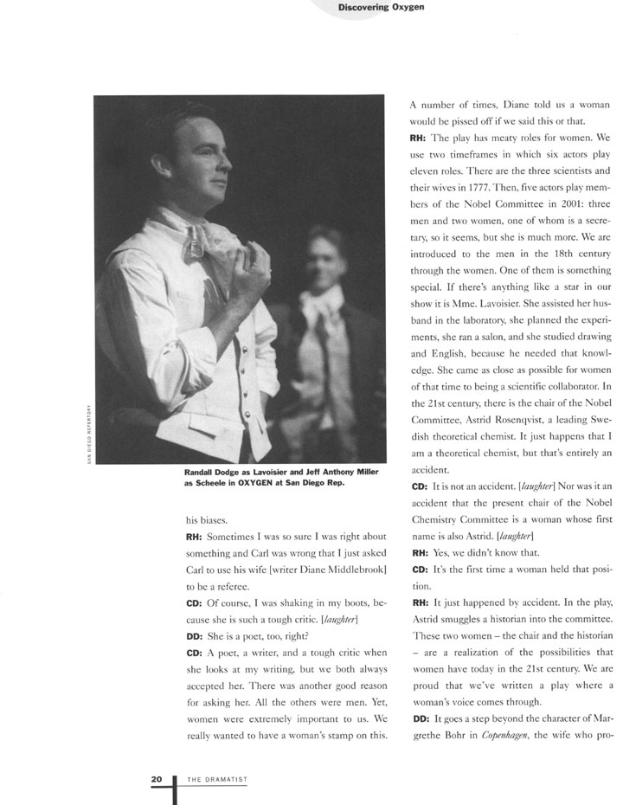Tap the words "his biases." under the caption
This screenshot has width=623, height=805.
204,520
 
